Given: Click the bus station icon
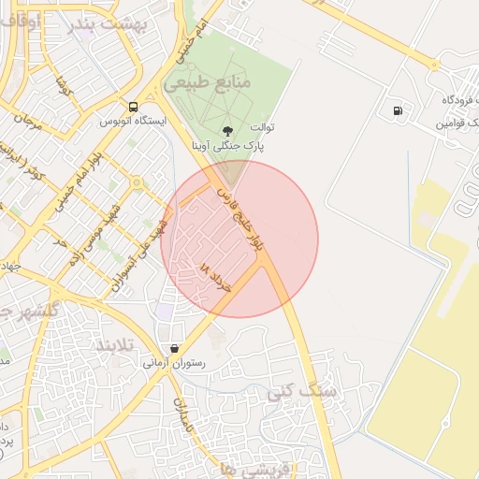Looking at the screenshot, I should point(134,107).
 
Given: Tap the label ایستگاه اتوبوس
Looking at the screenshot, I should point(133,121).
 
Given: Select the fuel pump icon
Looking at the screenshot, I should point(399,110).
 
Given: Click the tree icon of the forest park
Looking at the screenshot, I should point(226,131).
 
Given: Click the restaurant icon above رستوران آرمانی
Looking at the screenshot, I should point(175,348).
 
